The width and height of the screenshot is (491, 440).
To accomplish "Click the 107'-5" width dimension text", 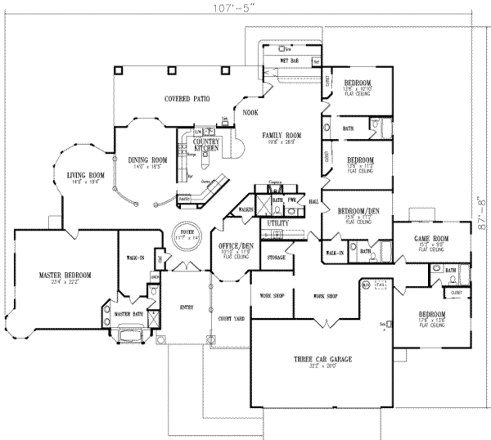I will point(233,8).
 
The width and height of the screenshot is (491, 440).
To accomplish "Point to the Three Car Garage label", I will point(323,359).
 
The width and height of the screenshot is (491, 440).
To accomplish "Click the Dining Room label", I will point(147,160).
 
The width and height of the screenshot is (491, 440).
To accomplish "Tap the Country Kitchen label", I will point(206,145).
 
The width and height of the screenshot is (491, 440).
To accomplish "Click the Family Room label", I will point(281,136).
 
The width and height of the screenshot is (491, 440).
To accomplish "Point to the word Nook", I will point(250,113).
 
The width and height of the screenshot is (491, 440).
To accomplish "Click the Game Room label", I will point(431,239).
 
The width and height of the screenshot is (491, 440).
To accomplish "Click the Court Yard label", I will point(231,318).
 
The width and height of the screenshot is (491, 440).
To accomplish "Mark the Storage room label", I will point(276,257).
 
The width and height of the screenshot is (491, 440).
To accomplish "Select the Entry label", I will point(186,308).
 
